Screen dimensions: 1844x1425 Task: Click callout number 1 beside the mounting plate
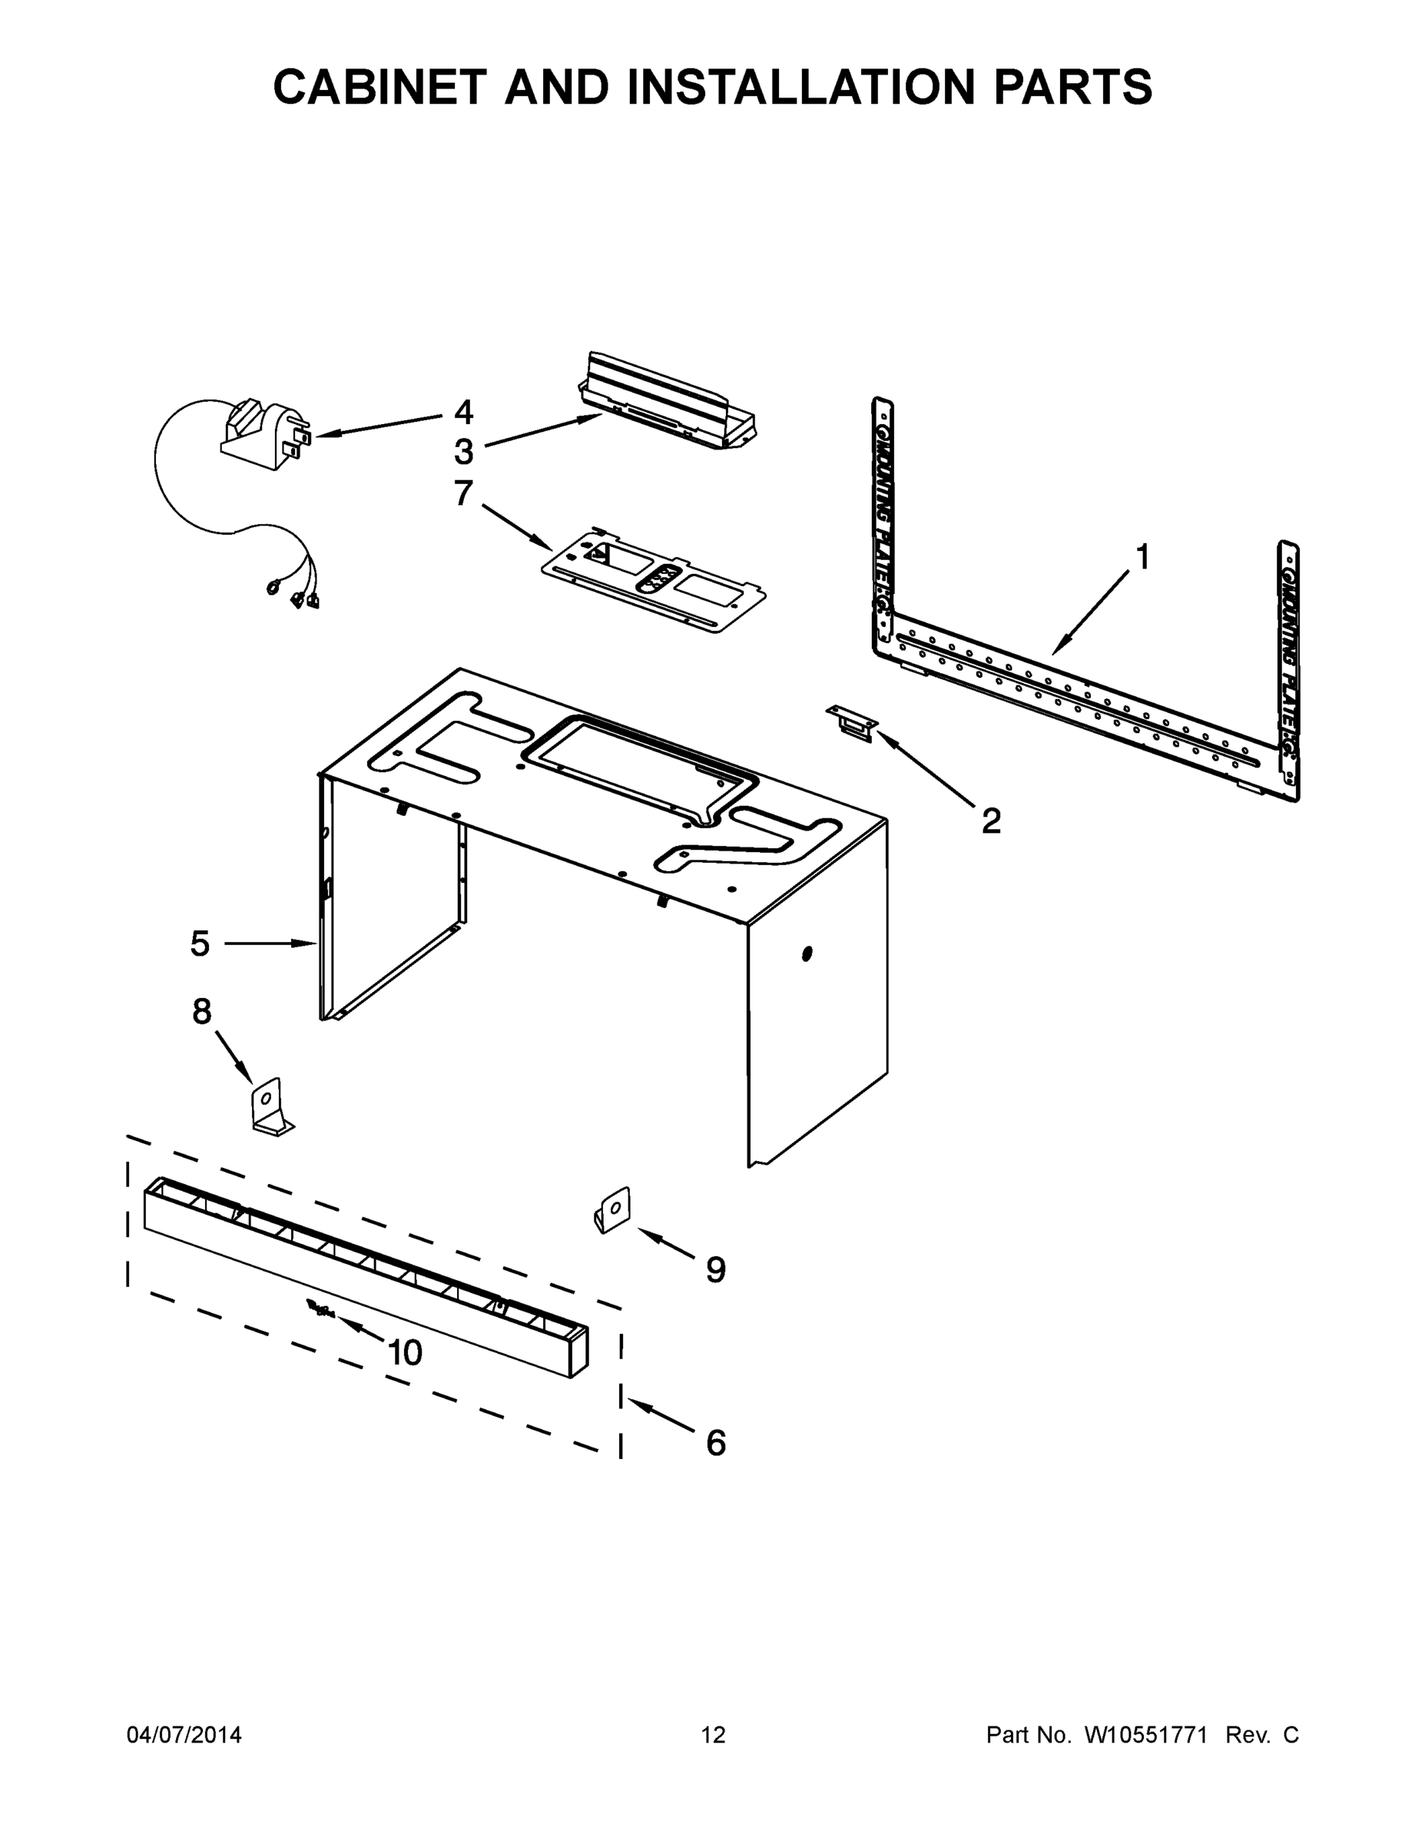pos(1142,558)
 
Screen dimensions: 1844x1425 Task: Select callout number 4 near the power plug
pos(463,412)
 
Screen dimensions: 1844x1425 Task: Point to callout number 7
pos(463,493)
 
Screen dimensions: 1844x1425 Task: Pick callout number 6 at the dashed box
pos(715,1443)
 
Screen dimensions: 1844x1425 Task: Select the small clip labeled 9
pos(614,1211)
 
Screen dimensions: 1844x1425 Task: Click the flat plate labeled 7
pos(655,582)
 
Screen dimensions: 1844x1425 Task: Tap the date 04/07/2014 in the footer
pos(184,1734)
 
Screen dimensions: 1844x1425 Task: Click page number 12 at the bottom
pos(713,1734)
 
